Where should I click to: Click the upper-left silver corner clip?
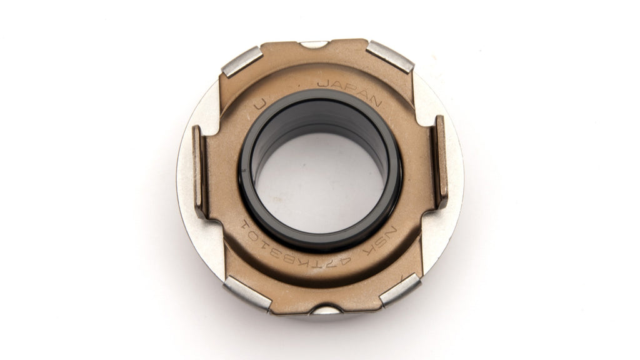click(x=242, y=61)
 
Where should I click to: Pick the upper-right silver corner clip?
click(x=389, y=57)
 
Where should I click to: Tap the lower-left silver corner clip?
click(x=247, y=293)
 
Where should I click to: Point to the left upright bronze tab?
click(x=200, y=171)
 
